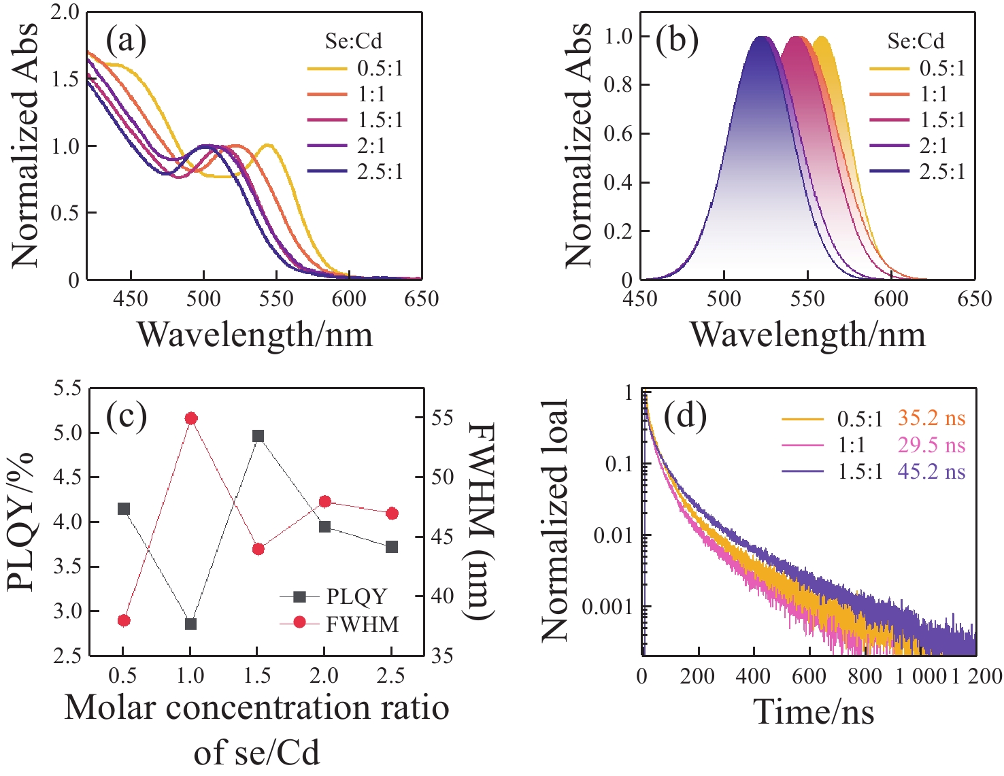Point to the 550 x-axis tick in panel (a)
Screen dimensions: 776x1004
276,299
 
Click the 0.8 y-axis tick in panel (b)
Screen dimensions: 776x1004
618,85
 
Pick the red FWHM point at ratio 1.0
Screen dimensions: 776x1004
191,418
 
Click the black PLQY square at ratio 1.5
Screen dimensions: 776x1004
258,436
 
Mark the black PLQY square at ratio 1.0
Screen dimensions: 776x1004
191,624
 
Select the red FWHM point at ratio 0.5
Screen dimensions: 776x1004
124,620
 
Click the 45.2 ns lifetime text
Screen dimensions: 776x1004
931,471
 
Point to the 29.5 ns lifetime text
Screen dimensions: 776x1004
931,445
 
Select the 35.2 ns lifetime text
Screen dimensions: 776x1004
931,418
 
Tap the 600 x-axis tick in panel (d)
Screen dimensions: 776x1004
809,676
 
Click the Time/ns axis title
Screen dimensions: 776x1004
814,712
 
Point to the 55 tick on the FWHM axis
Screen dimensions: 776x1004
443,417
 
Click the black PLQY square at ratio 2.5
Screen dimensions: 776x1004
392,547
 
